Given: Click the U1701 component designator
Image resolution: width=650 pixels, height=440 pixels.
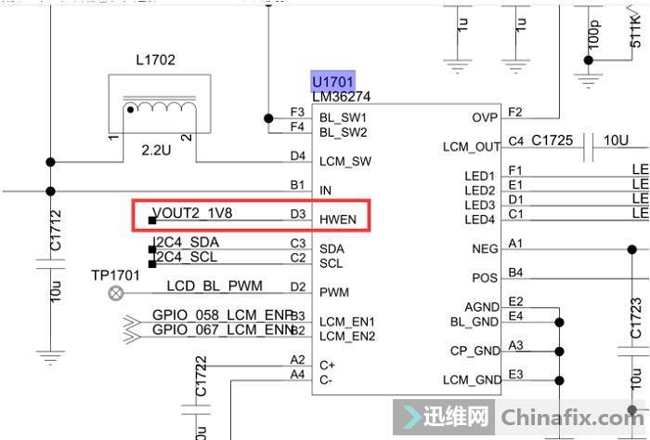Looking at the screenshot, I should [333, 81].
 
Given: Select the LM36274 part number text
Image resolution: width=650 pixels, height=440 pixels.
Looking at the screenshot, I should [343, 97].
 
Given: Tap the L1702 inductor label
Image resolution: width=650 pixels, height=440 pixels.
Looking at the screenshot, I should [155, 60].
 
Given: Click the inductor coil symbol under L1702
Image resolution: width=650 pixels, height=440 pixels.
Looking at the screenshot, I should [155, 108].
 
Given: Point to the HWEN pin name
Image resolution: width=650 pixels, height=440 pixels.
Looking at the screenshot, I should [337, 220].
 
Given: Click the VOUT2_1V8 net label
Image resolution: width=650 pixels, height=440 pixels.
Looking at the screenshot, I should [192, 213].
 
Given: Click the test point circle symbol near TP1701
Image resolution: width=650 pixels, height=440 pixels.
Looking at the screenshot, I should [116, 293].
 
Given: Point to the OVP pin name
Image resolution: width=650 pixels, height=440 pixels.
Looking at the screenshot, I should [485, 117].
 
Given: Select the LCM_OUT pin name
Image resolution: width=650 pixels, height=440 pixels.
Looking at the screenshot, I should [472, 147].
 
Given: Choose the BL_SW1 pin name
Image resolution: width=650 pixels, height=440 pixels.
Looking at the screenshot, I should [343, 118].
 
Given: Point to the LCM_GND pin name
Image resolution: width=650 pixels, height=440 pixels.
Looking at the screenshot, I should [471, 380].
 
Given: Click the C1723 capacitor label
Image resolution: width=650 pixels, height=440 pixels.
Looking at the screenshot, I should [636, 318].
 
